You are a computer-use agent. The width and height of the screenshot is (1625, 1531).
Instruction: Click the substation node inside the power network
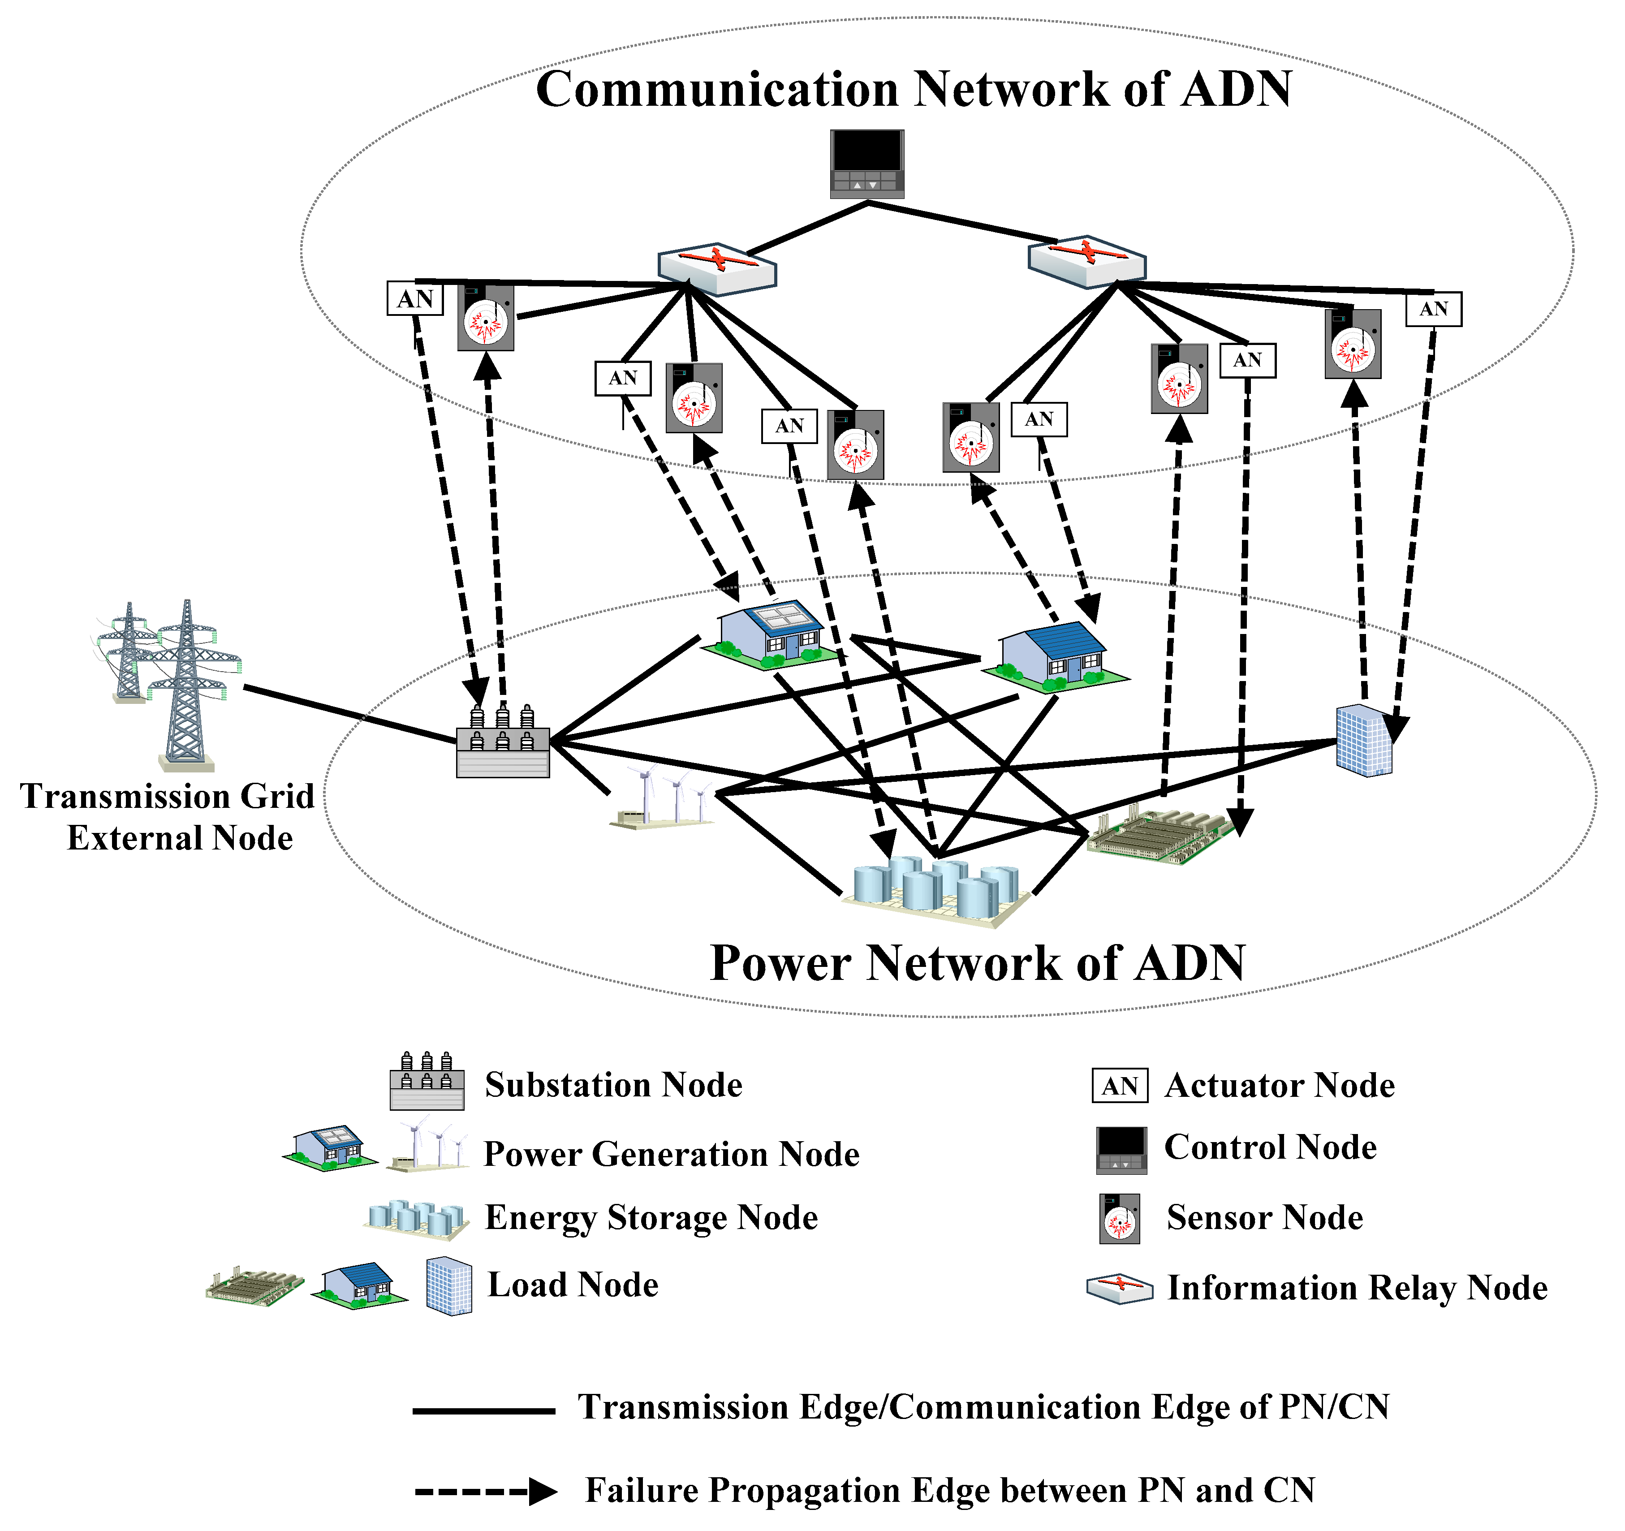pyautogui.click(x=503, y=744)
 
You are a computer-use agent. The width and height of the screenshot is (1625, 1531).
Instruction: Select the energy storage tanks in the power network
pyautogui.click(x=936, y=891)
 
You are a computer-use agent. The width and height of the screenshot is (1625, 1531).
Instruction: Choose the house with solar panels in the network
pyautogui.click(x=772, y=636)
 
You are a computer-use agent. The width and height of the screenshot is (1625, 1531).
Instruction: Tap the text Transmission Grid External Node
pyautogui.click(x=168, y=817)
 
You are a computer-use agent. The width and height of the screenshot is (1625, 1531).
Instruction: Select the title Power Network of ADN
pyautogui.click(x=978, y=963)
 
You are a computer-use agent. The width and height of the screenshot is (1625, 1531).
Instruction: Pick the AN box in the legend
pyautogui.click(x=1120, y=1086)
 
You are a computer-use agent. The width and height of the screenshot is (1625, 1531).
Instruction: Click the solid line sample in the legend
pyautogui.click(x=484, y=1411)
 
